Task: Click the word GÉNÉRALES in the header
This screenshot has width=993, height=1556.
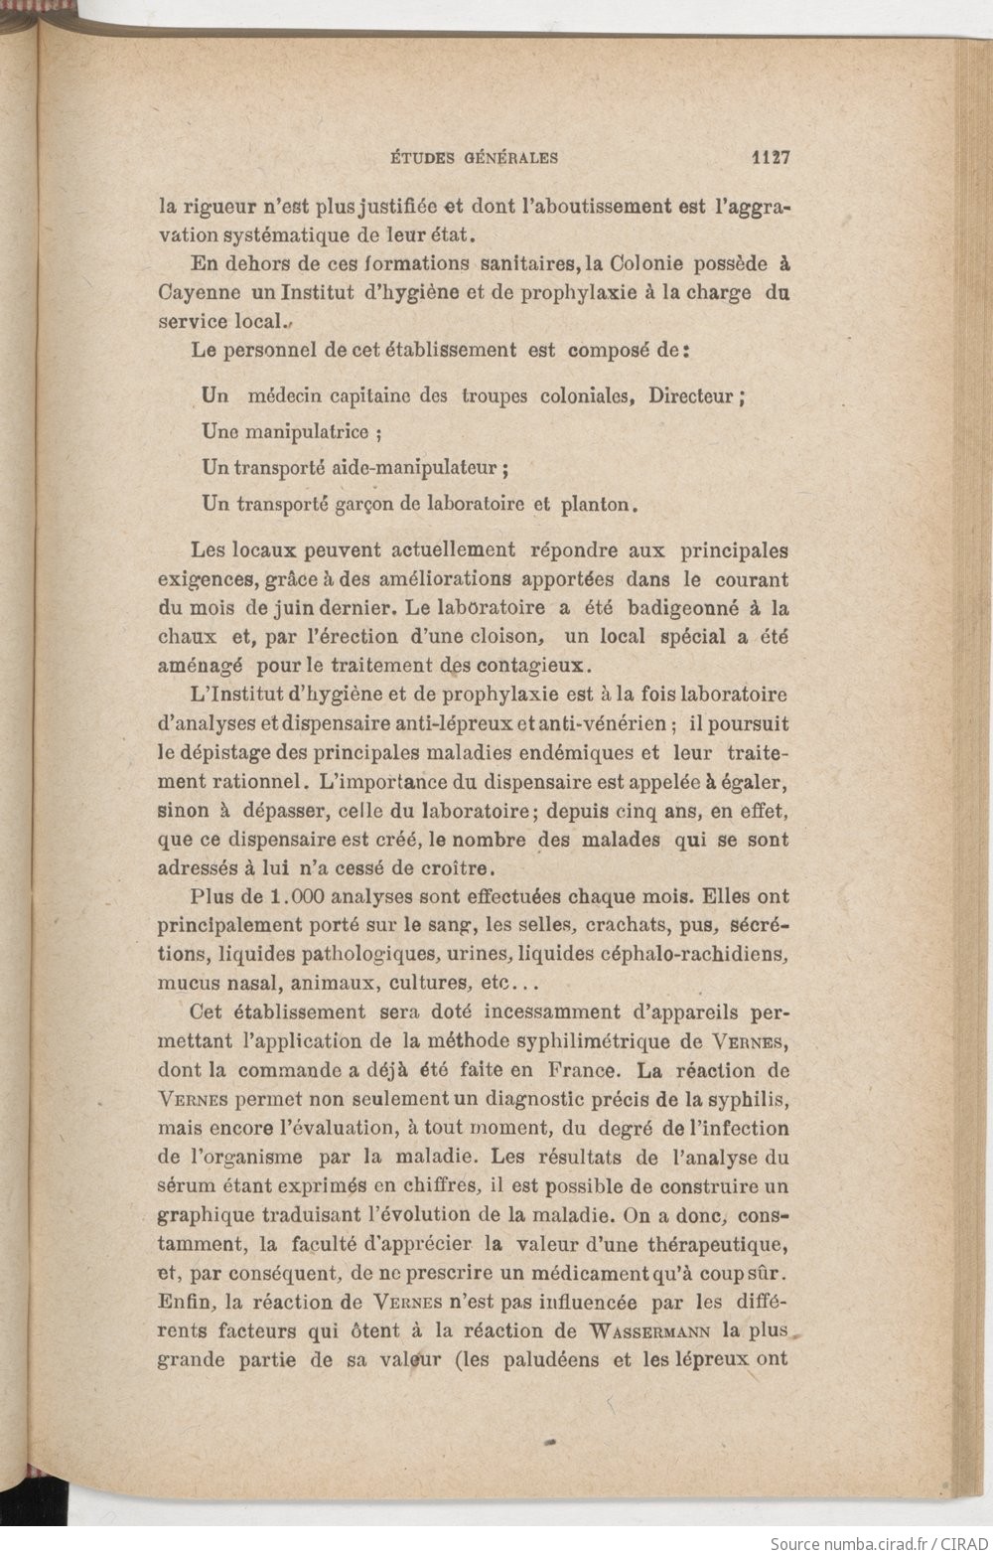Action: tap(508, 157)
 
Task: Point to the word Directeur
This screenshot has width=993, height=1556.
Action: tap(693, 395)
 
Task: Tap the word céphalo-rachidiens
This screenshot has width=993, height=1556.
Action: tap(694, 954)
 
